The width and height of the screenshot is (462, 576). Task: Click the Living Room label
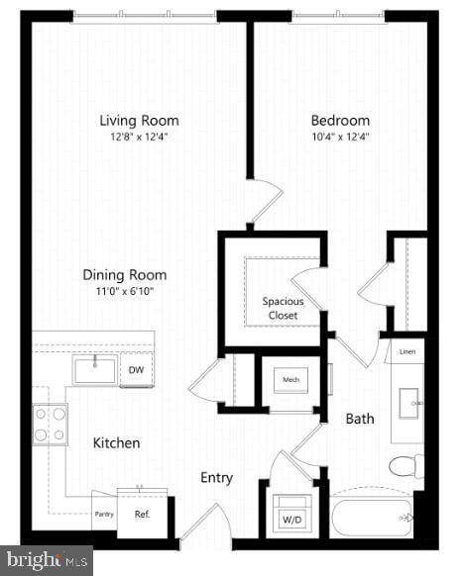click(x=139, y=121)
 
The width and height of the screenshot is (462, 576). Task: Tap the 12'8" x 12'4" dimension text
click(x=139, y=138)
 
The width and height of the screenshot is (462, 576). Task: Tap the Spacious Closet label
click(x=283, y=308)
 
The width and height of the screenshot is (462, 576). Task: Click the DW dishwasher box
click(x=137, y=369)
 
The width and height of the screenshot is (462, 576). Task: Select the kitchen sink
click(x=94, y=369)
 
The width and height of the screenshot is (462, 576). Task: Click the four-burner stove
click(x=51, y=425)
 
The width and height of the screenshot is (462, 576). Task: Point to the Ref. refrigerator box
click(x=142, y=515)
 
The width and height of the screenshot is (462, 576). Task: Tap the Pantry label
click(x=104, y=515)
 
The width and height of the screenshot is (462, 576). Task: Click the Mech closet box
click(x=291, y=379)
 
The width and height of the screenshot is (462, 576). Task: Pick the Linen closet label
click(x=407, y=351)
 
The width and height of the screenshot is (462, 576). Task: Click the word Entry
click(x=216, y=478)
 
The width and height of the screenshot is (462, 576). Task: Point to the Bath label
click(x=360, y=419)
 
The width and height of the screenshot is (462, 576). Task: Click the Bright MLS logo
click(x=45, y=561)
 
